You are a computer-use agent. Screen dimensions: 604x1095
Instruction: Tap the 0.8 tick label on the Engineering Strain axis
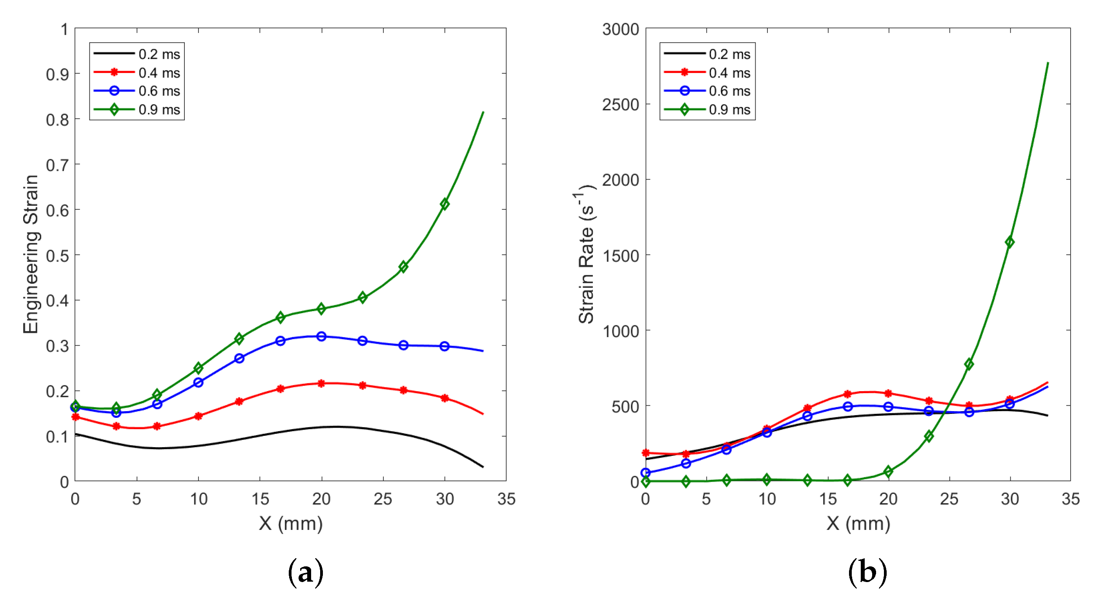click(x=58, y=120)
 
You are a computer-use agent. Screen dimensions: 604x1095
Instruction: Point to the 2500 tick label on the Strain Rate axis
click(x=620, y=105)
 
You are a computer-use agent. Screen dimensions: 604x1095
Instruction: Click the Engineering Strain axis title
click(x=31, y=254)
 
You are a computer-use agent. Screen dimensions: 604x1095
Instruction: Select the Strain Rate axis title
click(x=586, y=254)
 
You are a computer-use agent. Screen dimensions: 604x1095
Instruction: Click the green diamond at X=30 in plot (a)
click(x=445, y=204)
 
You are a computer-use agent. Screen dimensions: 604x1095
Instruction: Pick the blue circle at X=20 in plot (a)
click(x=321, y=336)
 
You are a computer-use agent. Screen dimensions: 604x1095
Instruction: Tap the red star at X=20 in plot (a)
click(x=321, y=384)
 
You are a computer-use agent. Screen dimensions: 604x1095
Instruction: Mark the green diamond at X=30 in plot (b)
click(x=1009, y=242)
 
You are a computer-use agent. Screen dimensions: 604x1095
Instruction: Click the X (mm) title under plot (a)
click(x=291, y=523)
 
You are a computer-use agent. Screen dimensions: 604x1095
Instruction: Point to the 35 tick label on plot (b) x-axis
click(x=1070, y=499)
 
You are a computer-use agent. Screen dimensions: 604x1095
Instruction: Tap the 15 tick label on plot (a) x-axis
click(x=260, y=499)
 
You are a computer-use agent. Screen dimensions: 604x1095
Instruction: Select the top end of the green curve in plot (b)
click(x=1048, y=63)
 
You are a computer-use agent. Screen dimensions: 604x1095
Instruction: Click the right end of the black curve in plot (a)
click(x=483, y=467)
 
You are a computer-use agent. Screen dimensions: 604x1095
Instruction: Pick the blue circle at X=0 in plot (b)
click(x=645, y=473)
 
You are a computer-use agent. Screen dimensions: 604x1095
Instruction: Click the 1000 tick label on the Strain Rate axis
click(x=621, y=331)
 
